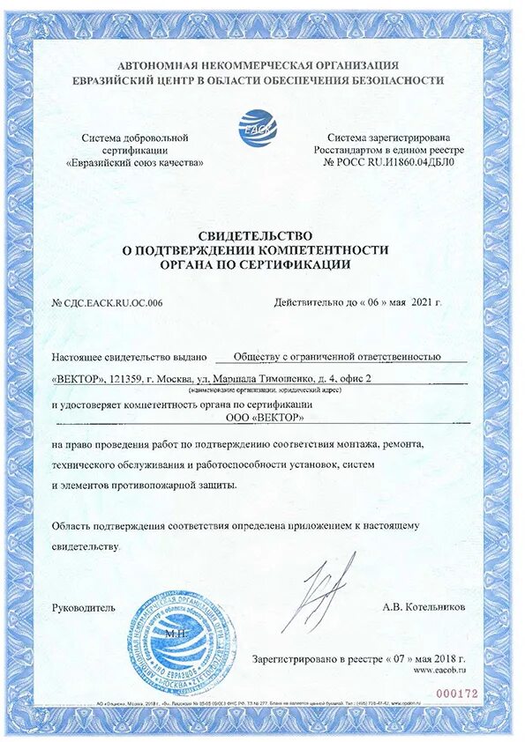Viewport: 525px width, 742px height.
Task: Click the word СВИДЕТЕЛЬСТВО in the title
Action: pos(256,235)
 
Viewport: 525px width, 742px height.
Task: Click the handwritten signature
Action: pos(328,586)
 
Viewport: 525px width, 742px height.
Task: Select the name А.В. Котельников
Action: pos(424,607)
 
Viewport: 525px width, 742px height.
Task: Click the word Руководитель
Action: pos(84,607)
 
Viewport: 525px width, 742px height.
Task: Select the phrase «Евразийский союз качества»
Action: pos(135,163)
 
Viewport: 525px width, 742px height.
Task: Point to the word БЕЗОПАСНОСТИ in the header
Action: pos(397,79)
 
